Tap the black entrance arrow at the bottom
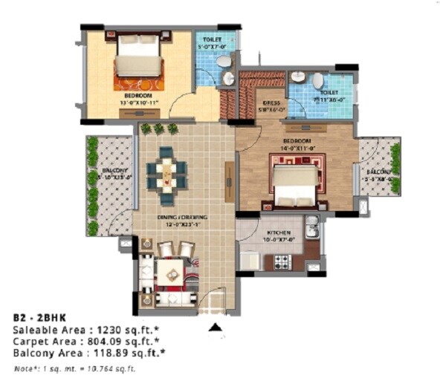coord(216,326)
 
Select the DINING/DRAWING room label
coord(182,217)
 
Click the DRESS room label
coord(271,105)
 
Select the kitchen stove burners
coord(282,261)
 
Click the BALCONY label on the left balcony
coord(114,171)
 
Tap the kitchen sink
coord(312,227)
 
